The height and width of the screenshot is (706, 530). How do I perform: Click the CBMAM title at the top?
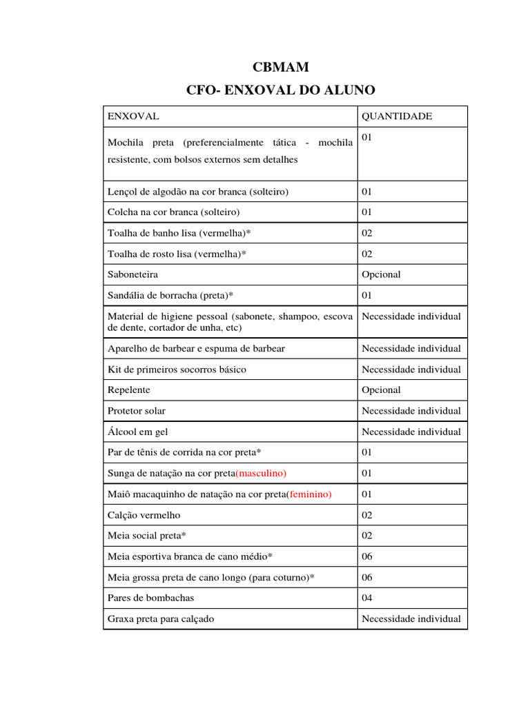pos(280,67)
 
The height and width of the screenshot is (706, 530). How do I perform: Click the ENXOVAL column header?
pos(133,116)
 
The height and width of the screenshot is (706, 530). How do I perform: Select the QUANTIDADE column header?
pos(397,116)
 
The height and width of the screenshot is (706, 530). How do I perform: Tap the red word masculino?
pos(261,473)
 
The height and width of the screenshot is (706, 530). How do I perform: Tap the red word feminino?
pos(310,494)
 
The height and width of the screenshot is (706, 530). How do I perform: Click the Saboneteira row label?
pos(132,274)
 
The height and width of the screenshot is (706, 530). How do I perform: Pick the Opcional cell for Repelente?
pos(381,390)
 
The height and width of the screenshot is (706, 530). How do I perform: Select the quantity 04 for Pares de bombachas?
pos(367,598)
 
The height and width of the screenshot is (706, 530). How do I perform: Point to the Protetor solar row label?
pos(137,411)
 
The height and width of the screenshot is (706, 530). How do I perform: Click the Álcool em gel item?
pos(138,432)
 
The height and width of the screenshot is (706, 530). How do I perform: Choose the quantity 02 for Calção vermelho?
pos(367,515)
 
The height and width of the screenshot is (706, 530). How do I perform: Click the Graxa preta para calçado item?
pos(161,618)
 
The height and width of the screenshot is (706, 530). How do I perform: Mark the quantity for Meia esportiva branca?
pos(367,556)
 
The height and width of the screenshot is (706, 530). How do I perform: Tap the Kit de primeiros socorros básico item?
pos(177,369)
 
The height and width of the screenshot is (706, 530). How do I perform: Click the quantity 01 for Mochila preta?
pos(367,138)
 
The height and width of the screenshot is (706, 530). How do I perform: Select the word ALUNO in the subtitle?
pos(350,90)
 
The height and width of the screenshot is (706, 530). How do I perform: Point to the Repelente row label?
pos(128,390)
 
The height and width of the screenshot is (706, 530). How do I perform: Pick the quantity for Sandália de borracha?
pos(367,295)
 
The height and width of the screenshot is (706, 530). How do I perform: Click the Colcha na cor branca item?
pos(174,212)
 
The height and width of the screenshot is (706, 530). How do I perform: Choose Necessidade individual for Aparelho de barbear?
pos(411,348)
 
